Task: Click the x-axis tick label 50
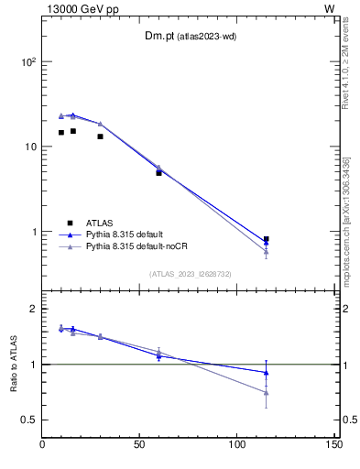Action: (x=140, y=445)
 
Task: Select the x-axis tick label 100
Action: (x=236, y=445)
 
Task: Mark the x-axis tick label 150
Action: (x=333, y=445)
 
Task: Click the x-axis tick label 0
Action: (x=43, y=445)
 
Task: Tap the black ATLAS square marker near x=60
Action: (x=158, y=172)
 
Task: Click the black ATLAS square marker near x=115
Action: (x=266, y=239)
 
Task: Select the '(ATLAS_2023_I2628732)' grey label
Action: (x=190, y=273)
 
